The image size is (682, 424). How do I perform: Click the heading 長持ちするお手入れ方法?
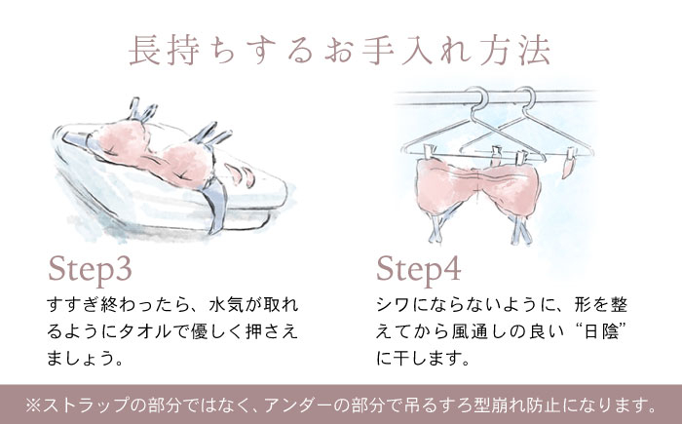click(x=340, y=51)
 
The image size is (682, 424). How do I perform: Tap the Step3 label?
click(x=90, y=270)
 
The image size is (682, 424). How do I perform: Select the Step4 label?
click(x=418, y=270)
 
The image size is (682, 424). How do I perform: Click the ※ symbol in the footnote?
click(x=33, y=405)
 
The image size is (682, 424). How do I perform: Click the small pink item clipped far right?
click(x=569, y=166)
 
